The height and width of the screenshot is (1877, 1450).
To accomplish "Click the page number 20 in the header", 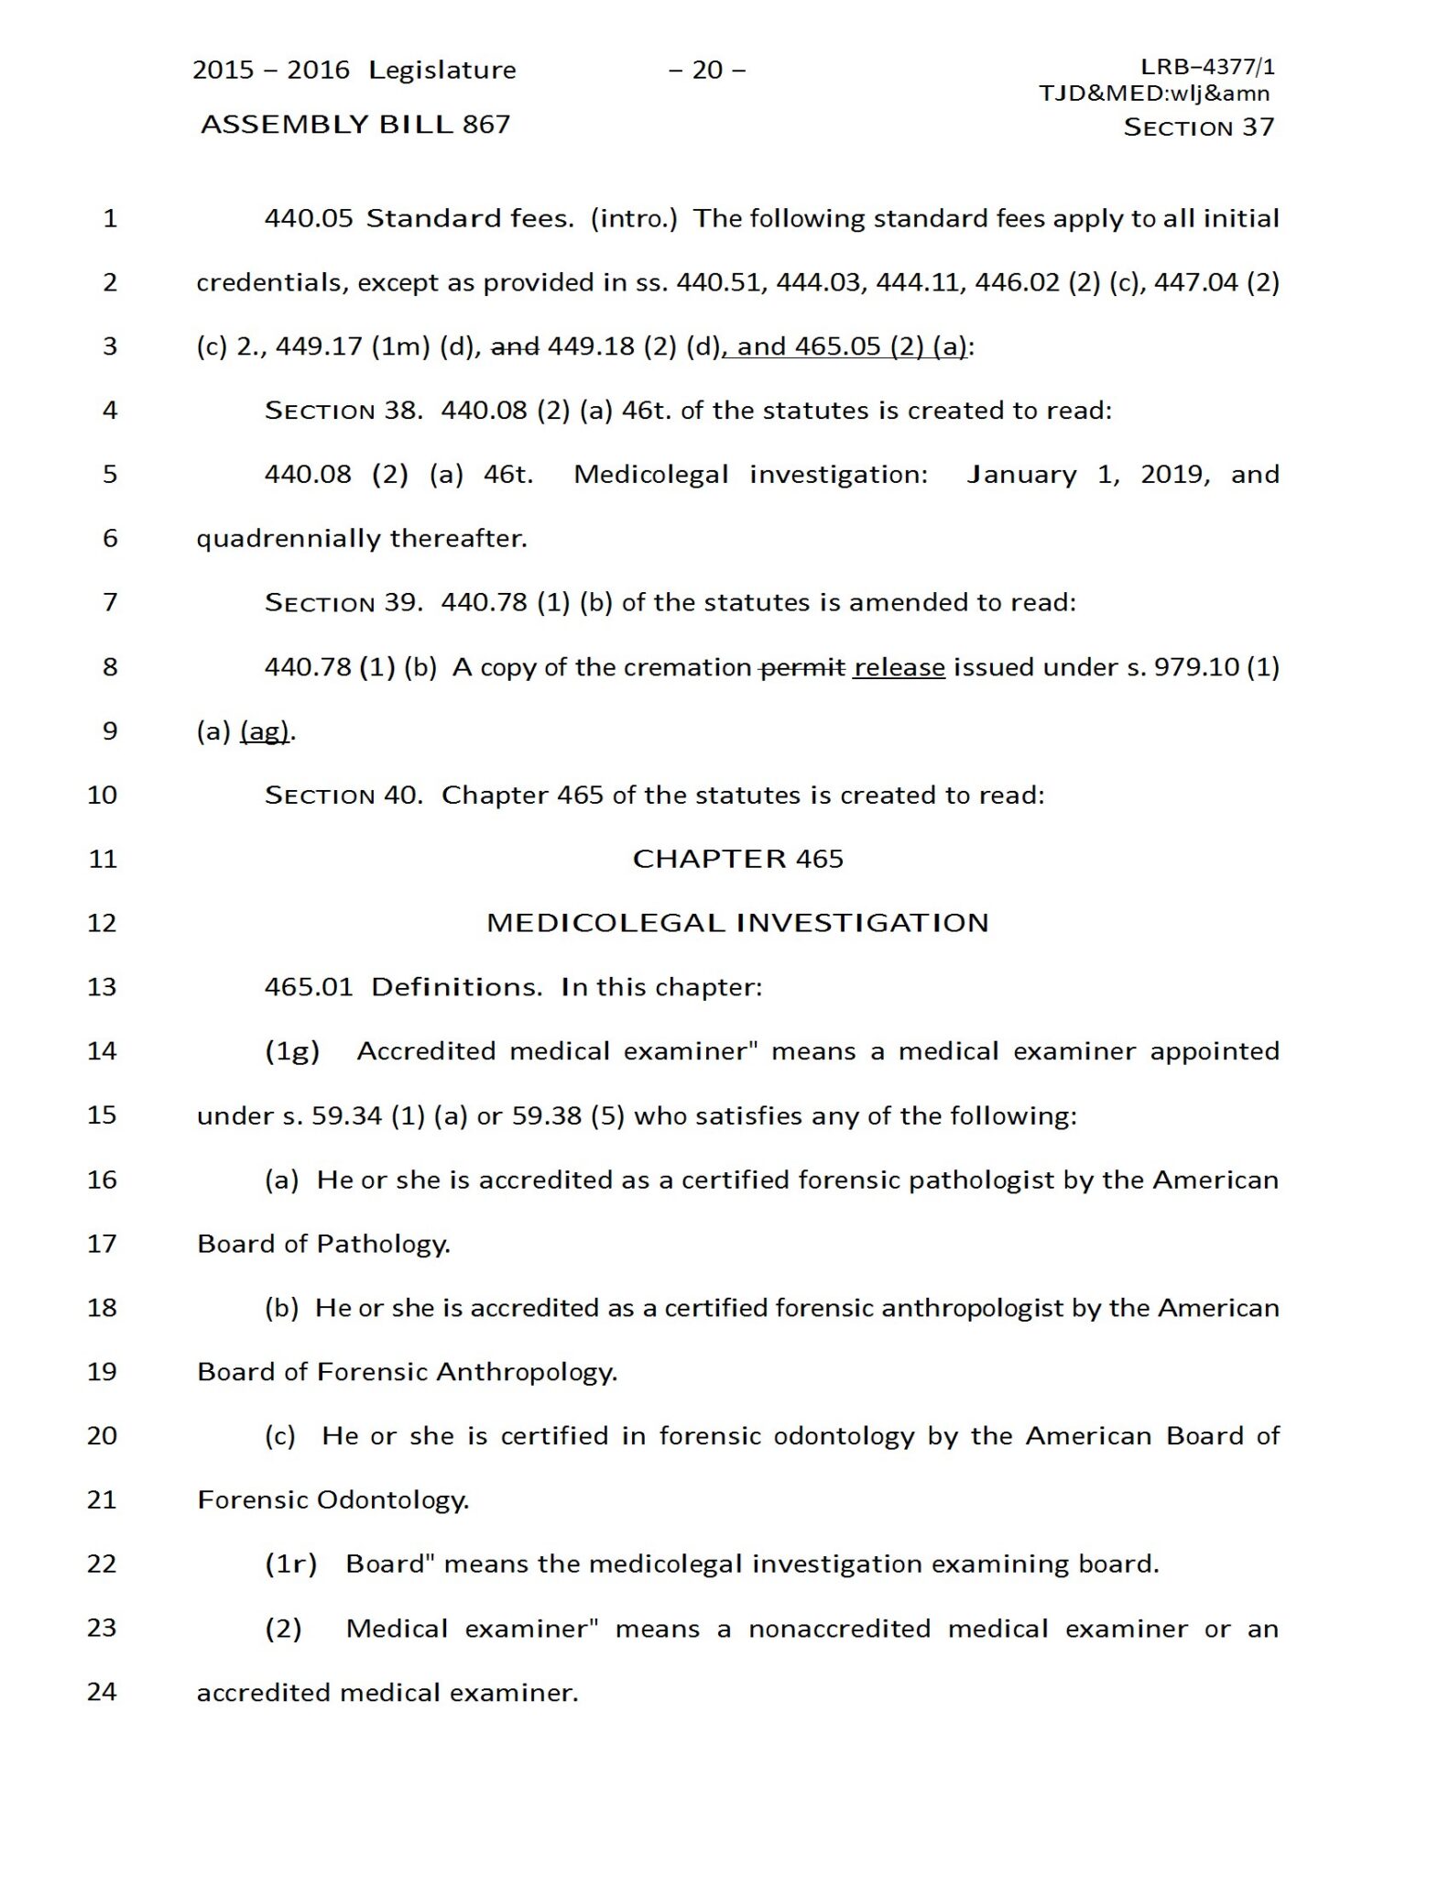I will coord(707,70).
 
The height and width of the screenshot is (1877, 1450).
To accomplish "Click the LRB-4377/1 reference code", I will coord(1207,66).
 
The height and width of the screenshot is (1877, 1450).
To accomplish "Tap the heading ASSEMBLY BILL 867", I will coord(355,124).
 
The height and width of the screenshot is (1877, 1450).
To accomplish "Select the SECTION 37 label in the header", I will coord(1198,126).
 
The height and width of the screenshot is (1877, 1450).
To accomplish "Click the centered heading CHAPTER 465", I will coord(737,859).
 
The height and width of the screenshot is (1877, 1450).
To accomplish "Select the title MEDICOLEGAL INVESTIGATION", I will coord(737,922).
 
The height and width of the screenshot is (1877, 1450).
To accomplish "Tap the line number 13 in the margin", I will coord(103,986).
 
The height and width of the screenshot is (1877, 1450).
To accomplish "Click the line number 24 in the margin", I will coord(103,1691).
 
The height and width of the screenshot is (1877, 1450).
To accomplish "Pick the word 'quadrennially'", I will coord(289,538).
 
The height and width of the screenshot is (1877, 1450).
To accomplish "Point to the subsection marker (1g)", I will coord(292,1050).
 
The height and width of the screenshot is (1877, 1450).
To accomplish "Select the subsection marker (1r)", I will coord(291,1563).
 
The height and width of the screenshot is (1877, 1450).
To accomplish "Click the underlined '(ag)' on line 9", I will coord(265,730).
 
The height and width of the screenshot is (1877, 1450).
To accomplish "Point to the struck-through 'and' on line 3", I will coord(515,346).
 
